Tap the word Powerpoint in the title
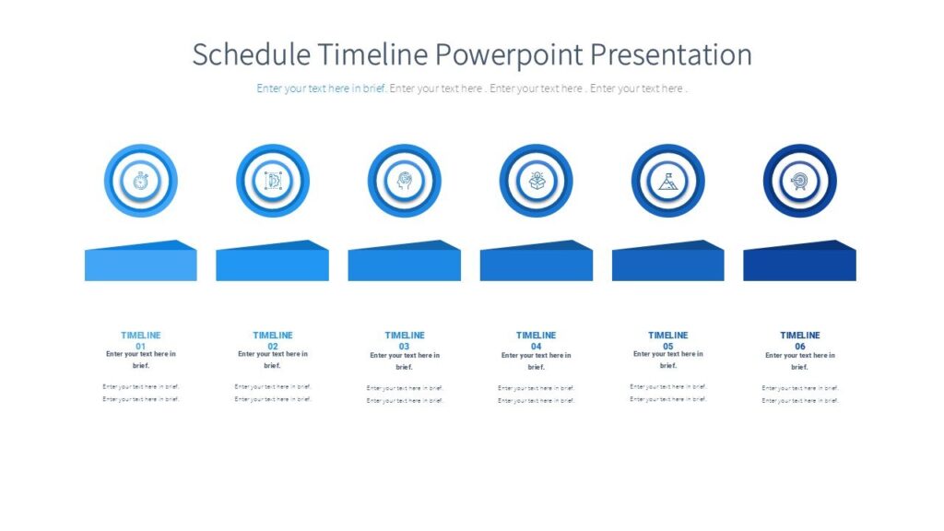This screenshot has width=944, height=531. pos(510,55)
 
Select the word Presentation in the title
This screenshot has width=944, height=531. pos(671,55)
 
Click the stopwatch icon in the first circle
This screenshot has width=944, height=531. pos(140,181)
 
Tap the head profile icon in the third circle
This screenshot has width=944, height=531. pos(404,181)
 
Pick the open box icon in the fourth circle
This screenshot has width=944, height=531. pos(536,181)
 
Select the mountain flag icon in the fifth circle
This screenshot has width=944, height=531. pos(667,181)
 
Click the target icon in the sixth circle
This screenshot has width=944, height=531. pos(799,181)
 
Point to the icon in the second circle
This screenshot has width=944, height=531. pos(272,181)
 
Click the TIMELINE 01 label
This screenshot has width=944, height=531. pos(141,340)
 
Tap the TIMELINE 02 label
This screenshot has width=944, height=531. pos(273,340)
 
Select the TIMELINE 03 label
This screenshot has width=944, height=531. pos(405,340)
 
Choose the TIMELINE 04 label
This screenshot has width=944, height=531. pos(537,340)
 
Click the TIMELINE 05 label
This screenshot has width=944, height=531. pos(668,340)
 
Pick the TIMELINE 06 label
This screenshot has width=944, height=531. pos(800,340)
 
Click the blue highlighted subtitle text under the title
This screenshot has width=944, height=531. pos(322,88)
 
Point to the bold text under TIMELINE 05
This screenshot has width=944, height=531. pos(668,360)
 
